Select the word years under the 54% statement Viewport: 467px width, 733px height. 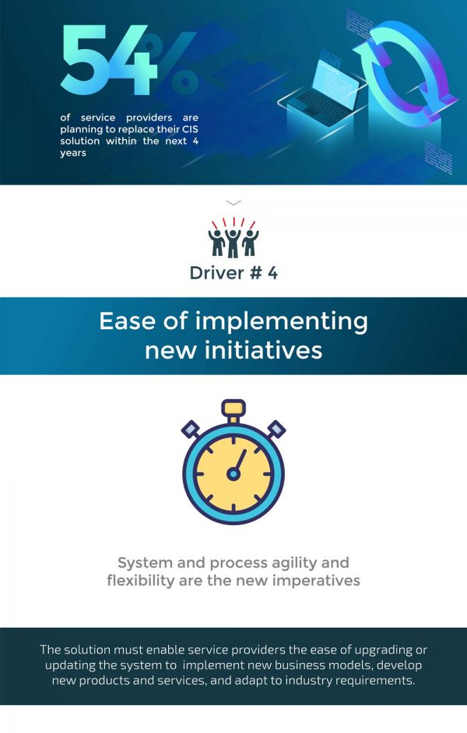[73, 153]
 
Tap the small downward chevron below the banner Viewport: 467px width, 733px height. [233, 202]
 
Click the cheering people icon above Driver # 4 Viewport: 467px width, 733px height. [233, 238]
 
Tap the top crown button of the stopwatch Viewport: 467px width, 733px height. [233, 408]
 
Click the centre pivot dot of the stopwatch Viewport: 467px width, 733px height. [233, 474]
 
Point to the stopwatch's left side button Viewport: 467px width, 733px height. [191, 430]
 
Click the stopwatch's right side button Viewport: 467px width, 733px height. [276, 430]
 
